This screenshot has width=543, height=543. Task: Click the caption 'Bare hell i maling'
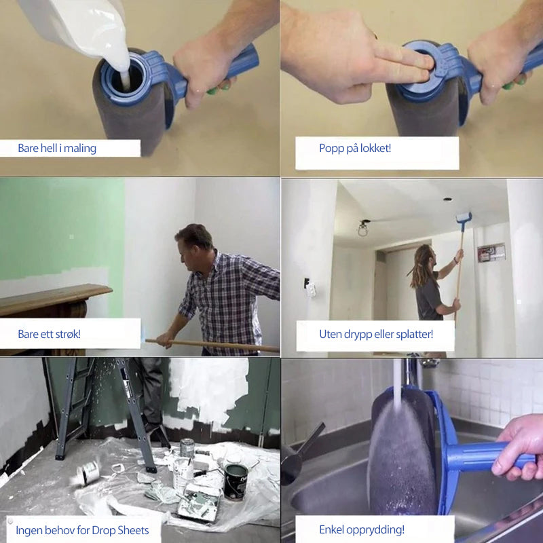coord(57,149)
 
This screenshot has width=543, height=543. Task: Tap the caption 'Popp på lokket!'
coord(355,149)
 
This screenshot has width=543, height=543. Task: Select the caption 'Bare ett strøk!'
coord(49,334)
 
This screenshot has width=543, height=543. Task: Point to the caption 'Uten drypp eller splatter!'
coord(376,335)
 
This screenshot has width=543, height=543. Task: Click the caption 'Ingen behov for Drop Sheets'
coord(82,530)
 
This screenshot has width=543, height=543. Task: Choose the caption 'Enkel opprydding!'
coord(362,530)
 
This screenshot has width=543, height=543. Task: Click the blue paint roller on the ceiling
coord(464,217)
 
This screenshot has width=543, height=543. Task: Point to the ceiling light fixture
coord(362,229)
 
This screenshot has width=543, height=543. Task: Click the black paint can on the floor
coord(236,482)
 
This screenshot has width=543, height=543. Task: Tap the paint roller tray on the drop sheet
coord(200,502)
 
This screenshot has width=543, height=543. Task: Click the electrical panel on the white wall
coord(491,252)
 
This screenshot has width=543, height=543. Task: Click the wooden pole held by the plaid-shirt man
coord(212,345)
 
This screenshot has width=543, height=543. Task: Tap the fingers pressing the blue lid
coord(403,62)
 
